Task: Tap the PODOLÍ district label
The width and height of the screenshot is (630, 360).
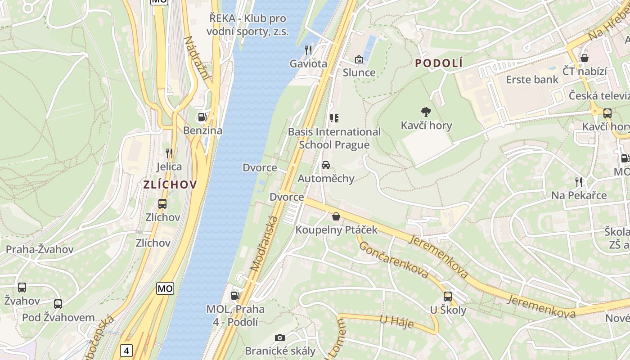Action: point(439,63)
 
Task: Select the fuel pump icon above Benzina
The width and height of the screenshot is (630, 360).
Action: point(202,117)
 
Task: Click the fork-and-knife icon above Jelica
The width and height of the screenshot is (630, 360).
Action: point(169,153)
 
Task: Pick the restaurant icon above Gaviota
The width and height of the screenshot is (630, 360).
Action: point(308,50)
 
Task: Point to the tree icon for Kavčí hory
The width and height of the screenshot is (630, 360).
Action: point(426,112)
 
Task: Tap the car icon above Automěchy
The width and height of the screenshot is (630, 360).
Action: point(326,165)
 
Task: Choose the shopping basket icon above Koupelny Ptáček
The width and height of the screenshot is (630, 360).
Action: point(336,216)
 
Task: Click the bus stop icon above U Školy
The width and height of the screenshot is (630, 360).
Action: point(448,297)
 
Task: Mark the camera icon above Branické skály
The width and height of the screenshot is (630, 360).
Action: point(280,337)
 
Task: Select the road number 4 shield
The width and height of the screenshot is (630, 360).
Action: point(127,351)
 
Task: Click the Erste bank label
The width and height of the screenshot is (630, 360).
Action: point(532,80)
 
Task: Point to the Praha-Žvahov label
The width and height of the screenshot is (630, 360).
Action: point(40,249)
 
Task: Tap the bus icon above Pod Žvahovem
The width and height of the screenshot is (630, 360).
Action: point(58,304)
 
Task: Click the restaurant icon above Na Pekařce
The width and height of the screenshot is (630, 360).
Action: point(579,182)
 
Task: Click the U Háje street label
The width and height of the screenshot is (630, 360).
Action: point(396,322)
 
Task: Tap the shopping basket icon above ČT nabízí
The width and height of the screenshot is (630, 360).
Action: point(585,58)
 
